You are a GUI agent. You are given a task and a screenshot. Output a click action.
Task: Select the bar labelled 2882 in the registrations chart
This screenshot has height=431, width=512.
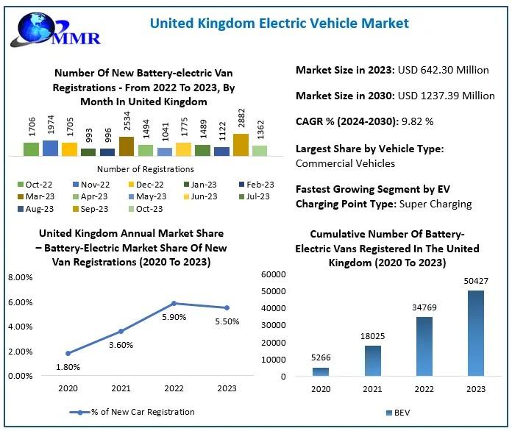click(241, 145)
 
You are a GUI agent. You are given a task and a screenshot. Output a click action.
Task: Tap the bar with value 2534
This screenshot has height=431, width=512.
click(126, 146)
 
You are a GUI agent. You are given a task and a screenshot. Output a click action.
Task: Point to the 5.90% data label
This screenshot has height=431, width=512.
click(174, 317)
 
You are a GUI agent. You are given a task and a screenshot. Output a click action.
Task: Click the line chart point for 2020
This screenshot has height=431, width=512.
click(68, 353)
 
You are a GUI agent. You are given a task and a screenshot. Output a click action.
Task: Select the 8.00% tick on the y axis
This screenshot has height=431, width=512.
click(20, 277)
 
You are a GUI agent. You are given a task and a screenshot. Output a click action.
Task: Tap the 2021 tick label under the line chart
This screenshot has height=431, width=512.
click(121, 388)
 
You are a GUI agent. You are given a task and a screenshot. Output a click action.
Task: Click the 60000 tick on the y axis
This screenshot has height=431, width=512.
click(273, 274)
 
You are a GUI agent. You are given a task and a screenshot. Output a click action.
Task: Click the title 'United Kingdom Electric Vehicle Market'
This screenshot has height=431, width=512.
click(279, 23)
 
